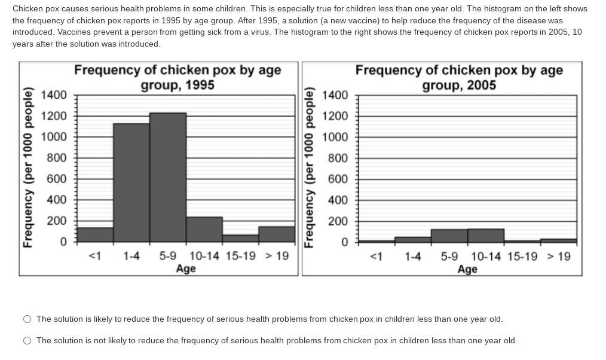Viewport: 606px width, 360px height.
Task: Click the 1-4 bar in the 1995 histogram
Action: pos(131,182)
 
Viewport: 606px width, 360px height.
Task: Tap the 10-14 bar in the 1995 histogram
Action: pos(204,230)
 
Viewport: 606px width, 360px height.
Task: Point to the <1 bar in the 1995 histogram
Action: pos(95,234)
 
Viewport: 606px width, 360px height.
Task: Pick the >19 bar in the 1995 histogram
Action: pos(277,234)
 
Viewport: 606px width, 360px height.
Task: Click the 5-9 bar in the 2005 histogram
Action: pos(449,236)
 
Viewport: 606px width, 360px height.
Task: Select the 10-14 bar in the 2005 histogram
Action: pos(485,236)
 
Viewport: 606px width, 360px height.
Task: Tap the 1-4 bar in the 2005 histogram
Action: pos(412,239)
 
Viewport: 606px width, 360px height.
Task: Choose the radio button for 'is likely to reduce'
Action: pos(27,319)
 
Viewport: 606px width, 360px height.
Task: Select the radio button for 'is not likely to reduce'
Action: pos(27,341)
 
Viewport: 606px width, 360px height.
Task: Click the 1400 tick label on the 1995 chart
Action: pos(54,95)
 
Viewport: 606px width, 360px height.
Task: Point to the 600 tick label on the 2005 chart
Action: pos(336,179)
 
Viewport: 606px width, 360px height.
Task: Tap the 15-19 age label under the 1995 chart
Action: pos(240,256)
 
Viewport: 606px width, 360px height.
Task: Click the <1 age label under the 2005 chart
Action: pos(376,257)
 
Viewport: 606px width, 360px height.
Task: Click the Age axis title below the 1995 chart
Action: pos(186,269)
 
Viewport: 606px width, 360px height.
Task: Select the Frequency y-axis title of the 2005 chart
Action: pos(309,167)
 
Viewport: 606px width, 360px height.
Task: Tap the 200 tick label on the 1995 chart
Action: pos(57,221)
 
